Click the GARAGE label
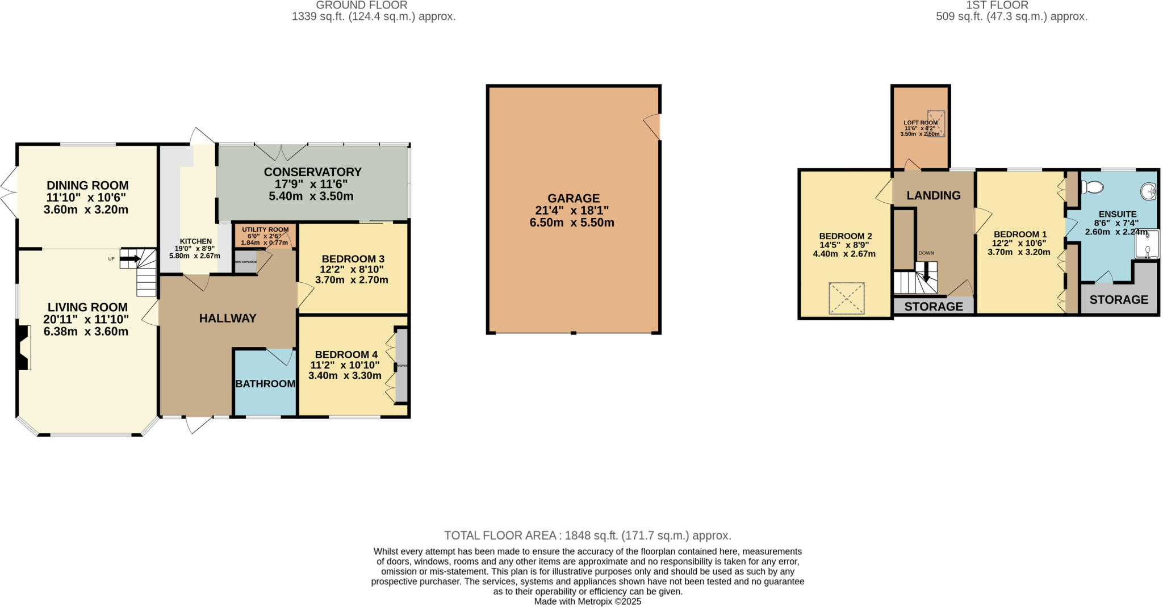coord(573,198)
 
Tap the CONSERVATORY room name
coord(312,172)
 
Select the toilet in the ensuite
coord(1092,187)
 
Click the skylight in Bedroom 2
coord(846,298)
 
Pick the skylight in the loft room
coord(936,123)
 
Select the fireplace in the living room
coord(23,348)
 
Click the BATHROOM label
coord(265,384)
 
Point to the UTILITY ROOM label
coord(265,229)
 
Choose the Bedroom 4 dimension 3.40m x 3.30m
coord(345,375)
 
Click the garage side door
coord(653,126)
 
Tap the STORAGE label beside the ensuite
coord(1118,300)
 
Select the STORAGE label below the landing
coord(934,307)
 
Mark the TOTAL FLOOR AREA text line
coord(587,535)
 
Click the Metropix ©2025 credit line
coord(587,601)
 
